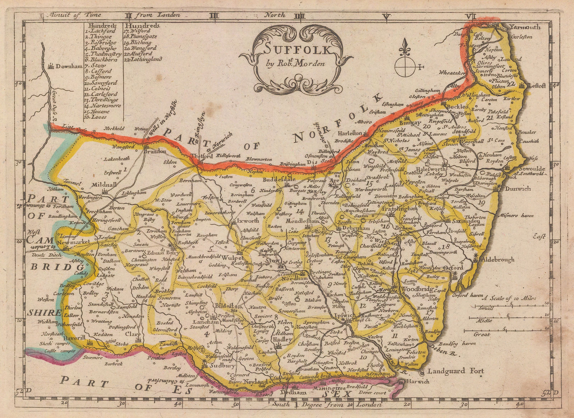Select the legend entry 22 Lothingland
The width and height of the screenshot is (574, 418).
[x=143, y=59]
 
